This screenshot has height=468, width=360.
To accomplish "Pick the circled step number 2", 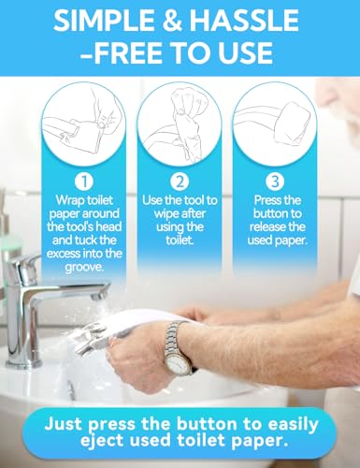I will click(x=179, y=179).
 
